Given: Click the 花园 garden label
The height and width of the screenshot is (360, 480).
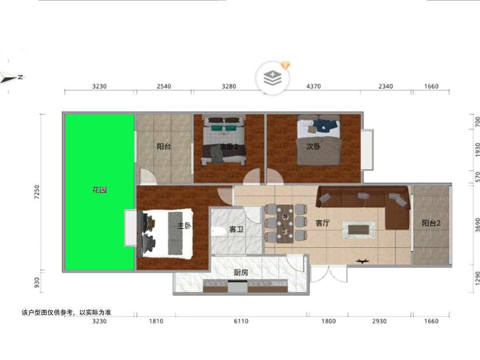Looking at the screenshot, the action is point(100,190).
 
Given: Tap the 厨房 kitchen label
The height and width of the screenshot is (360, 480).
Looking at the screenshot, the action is point(241,272).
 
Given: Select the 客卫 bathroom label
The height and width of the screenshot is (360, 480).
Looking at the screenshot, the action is point(236,229).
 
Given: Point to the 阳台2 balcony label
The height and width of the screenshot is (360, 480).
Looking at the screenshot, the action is point(431,223).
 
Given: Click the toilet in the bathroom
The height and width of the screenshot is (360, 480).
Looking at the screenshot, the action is point(218,232).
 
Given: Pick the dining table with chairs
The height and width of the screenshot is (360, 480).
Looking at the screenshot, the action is point(285,224).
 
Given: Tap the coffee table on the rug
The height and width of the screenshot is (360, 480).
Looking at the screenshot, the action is point(359,230).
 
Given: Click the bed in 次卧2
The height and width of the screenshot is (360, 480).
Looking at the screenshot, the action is point(224,140).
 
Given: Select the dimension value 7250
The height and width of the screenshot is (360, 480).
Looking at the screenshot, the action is point(37,192).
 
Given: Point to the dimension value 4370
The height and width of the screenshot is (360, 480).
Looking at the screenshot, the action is point(314,86).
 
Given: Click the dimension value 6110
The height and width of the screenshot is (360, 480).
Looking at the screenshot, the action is point(241,321).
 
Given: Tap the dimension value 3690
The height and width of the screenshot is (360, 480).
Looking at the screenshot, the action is point(477,225).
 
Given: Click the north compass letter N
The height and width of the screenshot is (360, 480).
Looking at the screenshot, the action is point(20,77).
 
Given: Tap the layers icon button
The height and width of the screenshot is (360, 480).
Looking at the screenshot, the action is point(272,78).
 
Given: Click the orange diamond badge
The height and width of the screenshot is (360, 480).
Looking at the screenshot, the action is point(286,66).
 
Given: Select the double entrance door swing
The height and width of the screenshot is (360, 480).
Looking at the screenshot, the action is point(329,274).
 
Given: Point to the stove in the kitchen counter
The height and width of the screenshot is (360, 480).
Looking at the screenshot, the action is point(238,286).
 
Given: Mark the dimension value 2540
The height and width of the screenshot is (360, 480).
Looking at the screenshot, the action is point(164,86).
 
